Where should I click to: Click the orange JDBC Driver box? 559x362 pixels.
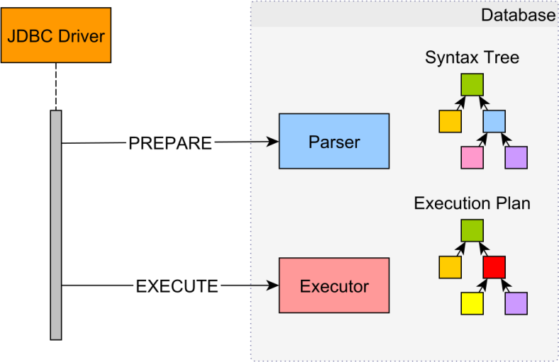tap(55, 35)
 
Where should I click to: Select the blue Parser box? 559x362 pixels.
tap(333, 141)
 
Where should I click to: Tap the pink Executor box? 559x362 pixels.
tap(333, 285)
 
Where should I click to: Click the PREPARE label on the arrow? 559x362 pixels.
tap(170, 143)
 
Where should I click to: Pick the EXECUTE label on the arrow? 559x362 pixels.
tap(177, 286)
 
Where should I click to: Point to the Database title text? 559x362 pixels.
tap(518, 15)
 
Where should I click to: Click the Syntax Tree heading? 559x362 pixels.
tap(472, 57)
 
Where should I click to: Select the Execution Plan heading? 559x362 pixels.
tap(472, 203)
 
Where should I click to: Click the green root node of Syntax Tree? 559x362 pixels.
tap(472, 85)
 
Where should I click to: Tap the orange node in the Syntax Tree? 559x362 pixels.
tap(450, 121)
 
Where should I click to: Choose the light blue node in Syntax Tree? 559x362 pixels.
tap(494, 121)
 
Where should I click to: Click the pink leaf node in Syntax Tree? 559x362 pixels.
tap(472, 157)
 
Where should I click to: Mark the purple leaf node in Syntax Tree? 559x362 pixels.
tap(516, 157)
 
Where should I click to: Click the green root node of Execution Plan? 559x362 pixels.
tap(472, 230)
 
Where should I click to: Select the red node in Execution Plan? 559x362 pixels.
tap(494, 267)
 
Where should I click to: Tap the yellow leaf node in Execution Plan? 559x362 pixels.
tap(472, 303)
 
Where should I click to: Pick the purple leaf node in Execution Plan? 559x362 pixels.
tap(516, 303)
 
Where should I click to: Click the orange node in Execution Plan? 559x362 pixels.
tap(450, 267)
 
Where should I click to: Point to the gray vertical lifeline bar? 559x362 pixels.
tap(56, 225)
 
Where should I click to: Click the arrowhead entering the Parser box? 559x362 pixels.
tap(273, 142)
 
